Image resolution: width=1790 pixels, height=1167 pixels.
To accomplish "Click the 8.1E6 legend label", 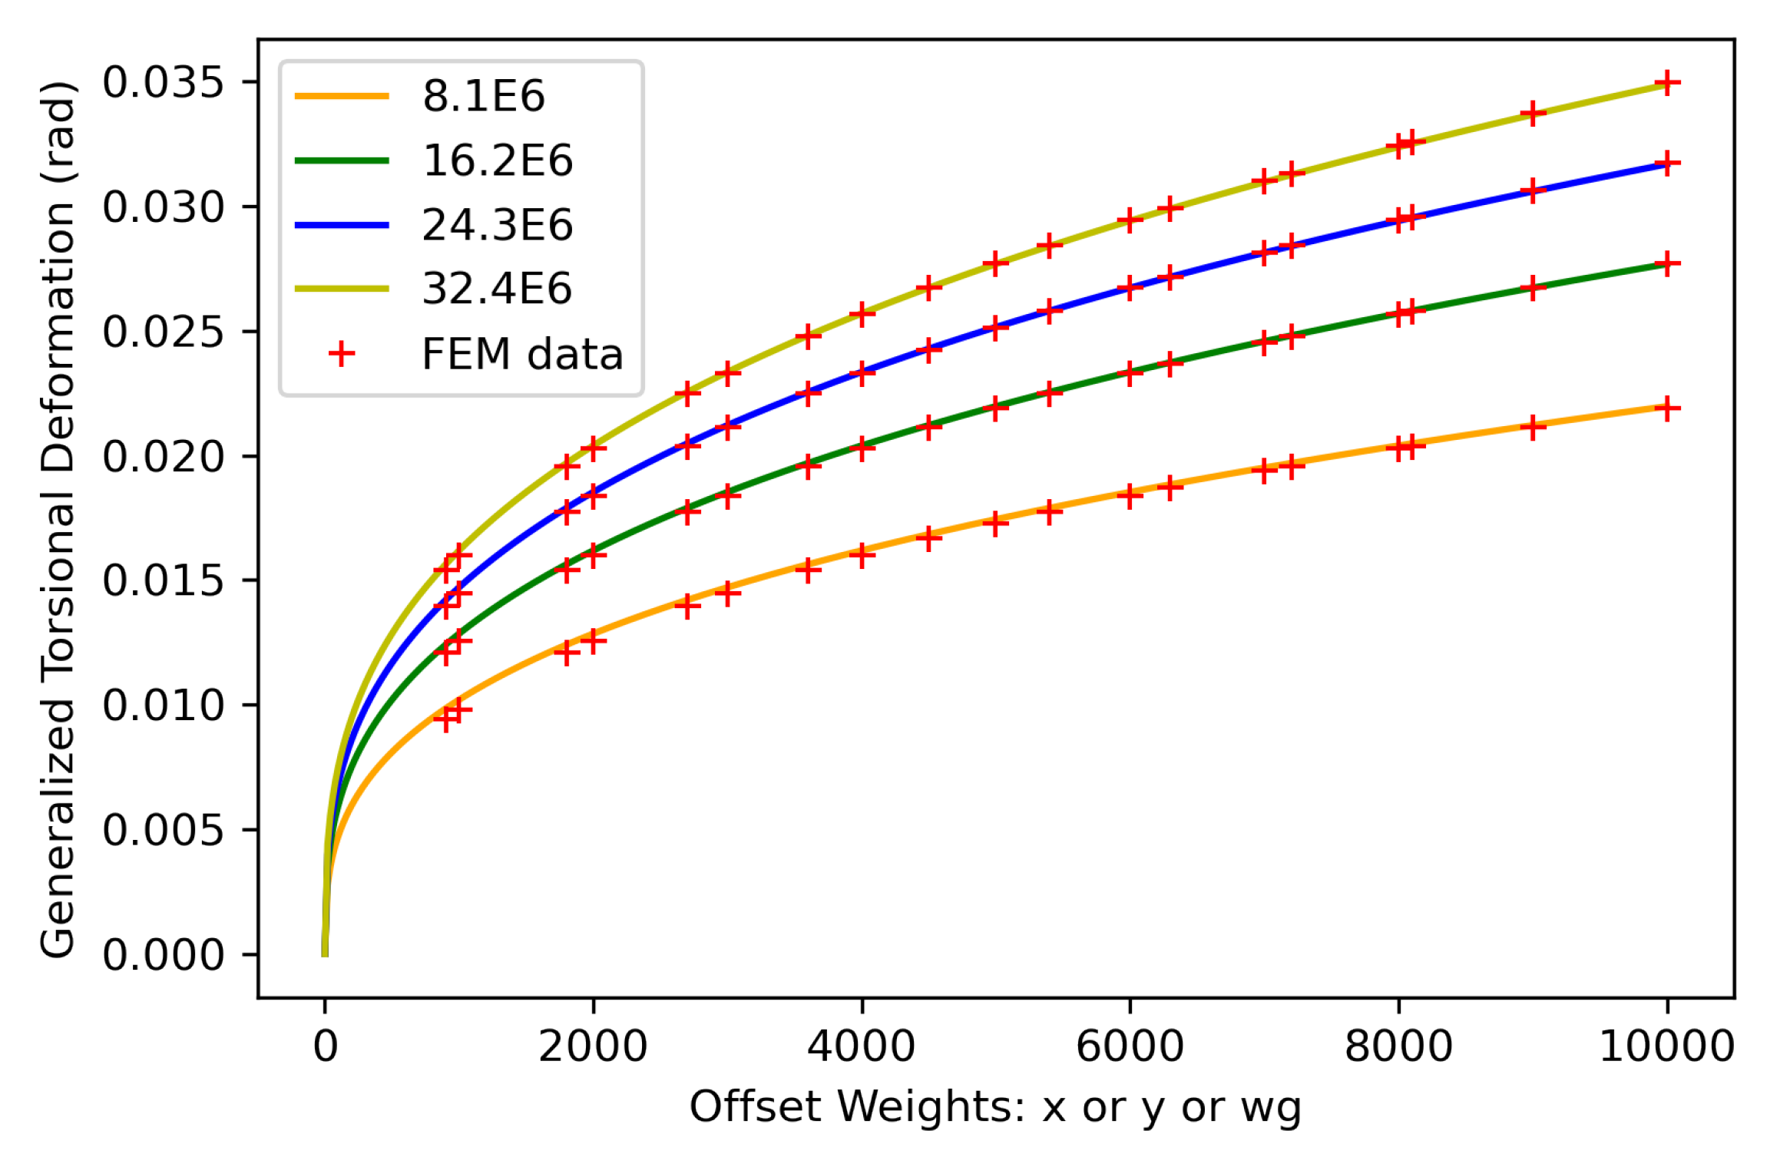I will point(483,97).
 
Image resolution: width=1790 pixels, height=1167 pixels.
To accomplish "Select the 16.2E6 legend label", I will point(497,161).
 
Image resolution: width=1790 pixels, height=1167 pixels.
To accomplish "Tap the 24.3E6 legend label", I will point(497,226).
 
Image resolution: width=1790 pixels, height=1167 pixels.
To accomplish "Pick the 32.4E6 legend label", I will point(497,289).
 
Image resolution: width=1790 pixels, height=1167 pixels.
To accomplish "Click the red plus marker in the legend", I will point(342,354).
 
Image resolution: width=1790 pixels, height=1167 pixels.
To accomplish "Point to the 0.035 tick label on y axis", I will point(163,82).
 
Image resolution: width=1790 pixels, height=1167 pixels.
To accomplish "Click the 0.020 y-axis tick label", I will point(163,457).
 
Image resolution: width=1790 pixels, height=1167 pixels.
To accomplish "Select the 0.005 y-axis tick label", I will point(163,831).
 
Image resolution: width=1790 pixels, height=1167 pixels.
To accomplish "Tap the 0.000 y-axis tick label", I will point(163,956).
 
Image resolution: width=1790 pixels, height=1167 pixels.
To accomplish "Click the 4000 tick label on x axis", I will point(861,1047).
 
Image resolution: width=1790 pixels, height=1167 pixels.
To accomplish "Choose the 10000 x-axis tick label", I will point(1666,1047).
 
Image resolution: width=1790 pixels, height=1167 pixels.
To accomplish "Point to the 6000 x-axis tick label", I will point(1130,1047).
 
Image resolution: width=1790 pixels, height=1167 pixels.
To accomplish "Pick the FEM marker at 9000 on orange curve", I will point(1533,427).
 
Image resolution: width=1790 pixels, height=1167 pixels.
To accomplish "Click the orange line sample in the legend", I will point(342,97).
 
